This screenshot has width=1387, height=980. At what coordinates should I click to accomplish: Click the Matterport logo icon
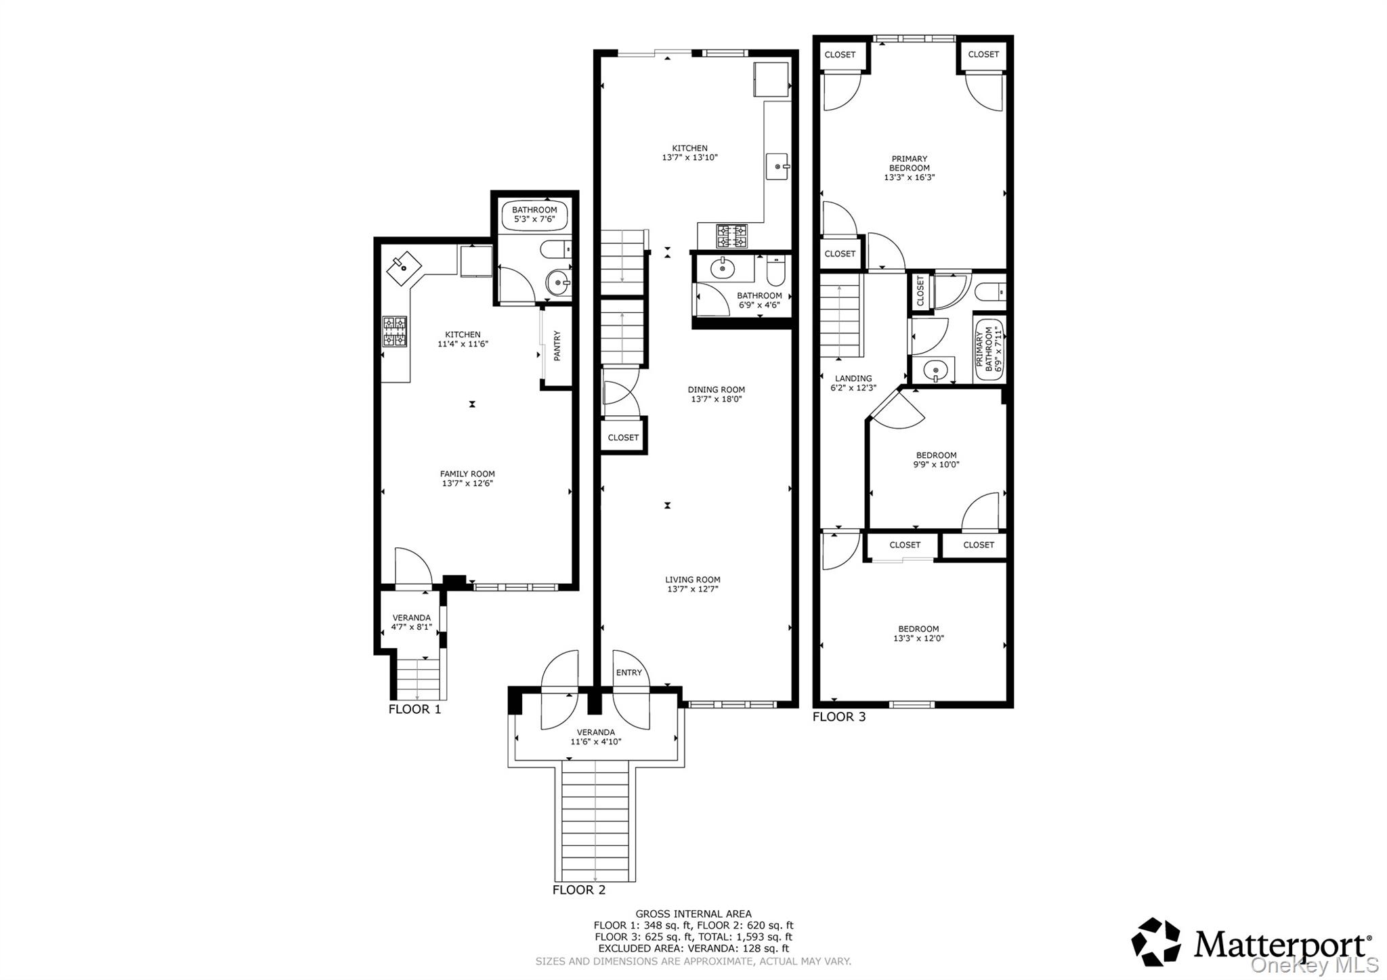[1156, 941]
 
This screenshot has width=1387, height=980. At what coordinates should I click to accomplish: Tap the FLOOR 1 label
[414, 709]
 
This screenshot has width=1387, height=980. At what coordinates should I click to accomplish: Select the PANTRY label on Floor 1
[557, 345]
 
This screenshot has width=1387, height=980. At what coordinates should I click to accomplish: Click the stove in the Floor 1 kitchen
[395, 331]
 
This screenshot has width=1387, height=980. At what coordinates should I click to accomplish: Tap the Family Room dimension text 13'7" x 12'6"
[467, 484]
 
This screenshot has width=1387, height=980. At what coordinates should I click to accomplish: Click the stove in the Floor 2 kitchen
[731, 236]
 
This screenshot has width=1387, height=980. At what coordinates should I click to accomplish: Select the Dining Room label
[716, 389]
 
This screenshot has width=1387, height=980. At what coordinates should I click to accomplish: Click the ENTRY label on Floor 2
[628, 673]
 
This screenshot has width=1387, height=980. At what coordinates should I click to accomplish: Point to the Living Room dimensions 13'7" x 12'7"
[692, 589]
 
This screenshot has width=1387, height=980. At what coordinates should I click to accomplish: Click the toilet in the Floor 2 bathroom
[775, 272]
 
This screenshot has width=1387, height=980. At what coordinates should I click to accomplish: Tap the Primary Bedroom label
[909, 163]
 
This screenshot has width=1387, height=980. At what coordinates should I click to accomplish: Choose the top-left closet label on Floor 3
[840, 55]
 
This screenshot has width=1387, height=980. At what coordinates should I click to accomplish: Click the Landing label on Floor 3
[853, 379]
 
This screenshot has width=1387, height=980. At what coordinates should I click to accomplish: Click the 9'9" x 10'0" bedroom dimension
[937, 465]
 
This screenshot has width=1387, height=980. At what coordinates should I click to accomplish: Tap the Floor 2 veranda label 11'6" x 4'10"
[595, 742]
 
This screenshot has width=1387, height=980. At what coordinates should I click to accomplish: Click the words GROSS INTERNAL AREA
[693, 914]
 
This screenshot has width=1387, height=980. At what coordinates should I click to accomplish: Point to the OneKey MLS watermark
[1314, 964]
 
